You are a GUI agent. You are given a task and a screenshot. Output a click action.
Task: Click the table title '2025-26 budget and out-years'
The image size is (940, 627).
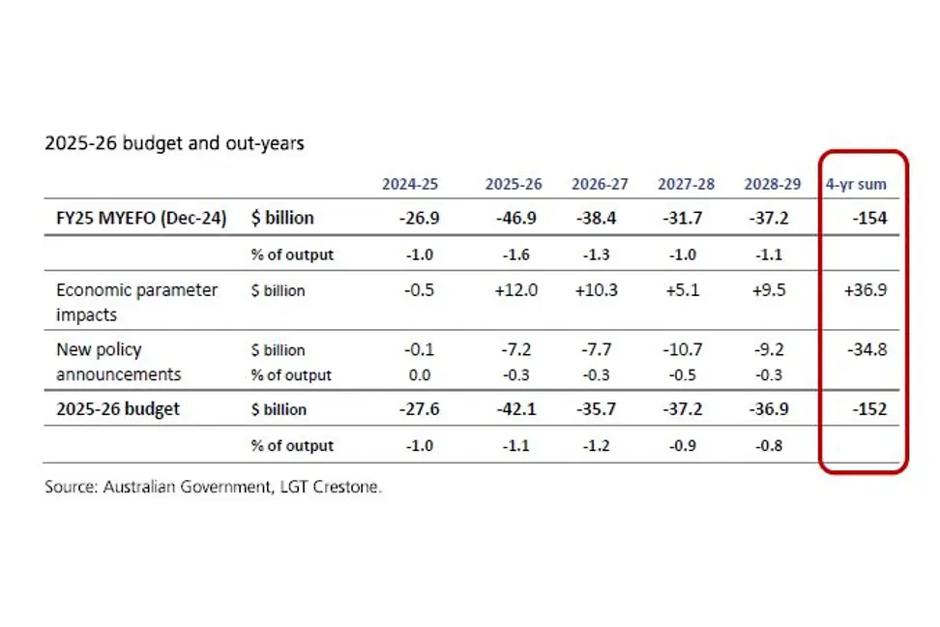coord(174,143)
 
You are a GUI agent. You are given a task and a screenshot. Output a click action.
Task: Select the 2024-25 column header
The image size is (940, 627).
coord(410,184)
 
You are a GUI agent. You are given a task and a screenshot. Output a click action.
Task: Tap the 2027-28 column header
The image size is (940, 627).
coord(687,184)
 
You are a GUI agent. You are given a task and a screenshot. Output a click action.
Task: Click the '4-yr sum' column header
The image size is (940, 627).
coord(856,184)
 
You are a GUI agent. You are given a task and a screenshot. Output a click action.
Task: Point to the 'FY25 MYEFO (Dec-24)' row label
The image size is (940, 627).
coord(141,218)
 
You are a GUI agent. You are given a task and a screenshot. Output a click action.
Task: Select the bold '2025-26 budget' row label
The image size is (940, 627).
coord(118,409)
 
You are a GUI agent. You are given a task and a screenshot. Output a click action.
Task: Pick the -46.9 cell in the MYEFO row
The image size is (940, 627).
coord(513,218)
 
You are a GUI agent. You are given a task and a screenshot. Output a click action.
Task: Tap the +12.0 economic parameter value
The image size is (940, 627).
coord(513,290)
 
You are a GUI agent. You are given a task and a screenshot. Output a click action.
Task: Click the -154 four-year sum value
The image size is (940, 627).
coord(869,218)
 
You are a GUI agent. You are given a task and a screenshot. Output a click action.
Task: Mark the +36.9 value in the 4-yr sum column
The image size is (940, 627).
coord(865,290)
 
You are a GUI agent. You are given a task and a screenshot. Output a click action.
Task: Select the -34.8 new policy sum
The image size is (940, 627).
coord(867,349)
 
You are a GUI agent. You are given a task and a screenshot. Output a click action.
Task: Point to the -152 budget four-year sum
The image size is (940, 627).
coord(869,409)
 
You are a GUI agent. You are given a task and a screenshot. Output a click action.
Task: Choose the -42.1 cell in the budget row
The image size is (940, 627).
coord(513,409)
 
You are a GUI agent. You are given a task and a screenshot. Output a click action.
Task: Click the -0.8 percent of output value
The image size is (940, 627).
coord(771,446)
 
